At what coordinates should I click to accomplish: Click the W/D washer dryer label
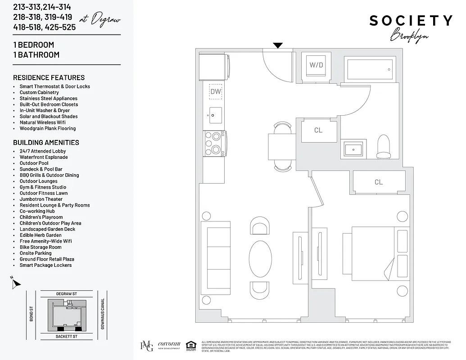pos(316,65)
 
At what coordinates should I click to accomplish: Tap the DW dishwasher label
pos(216,91)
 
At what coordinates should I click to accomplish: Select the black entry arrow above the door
pos(278,45)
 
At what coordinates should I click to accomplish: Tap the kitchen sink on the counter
pos(215,115)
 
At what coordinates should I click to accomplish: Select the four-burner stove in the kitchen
pos(215,143)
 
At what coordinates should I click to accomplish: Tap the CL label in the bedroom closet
pos(378,182)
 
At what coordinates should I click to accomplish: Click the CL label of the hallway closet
pos(318,130)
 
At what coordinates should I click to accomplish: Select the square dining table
pos(282,147)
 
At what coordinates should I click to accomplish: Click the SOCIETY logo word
pos(411,21)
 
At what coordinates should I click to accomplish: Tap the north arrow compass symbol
pos(16,283)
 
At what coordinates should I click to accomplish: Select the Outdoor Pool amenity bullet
pos(34,163)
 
